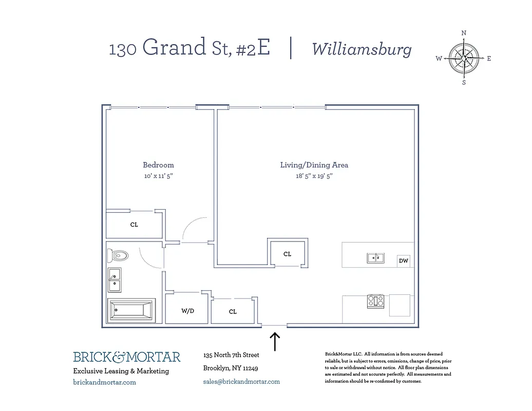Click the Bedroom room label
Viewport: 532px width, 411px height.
(158, 165)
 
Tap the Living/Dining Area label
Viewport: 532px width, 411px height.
(314, 165)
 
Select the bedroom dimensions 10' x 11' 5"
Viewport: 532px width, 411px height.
(158, 176)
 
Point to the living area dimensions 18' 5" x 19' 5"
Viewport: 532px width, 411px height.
(314, 176)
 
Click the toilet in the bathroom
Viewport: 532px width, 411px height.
(118, 255)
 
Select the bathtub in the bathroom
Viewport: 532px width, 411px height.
(131, 310)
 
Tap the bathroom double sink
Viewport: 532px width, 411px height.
(115, 280)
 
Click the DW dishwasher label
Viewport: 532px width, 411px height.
(404, 261)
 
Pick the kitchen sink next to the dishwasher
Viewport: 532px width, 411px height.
(376, 258)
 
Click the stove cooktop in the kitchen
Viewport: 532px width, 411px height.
(376, 301)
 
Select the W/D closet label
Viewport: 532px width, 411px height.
(187, 311)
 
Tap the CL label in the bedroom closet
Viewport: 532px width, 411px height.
(134, 225)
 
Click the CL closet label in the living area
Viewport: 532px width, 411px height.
(288, 254)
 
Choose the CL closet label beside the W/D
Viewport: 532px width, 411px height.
(233, 311)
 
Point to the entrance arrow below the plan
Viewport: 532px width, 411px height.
(275, 342)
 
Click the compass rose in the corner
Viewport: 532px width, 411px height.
(464, 58)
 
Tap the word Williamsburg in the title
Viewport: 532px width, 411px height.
(362, 49)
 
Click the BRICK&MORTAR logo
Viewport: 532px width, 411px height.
(126, 357)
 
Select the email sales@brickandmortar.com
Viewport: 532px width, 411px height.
(241, 382)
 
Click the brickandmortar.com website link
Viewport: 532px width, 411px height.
(105, 382)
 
